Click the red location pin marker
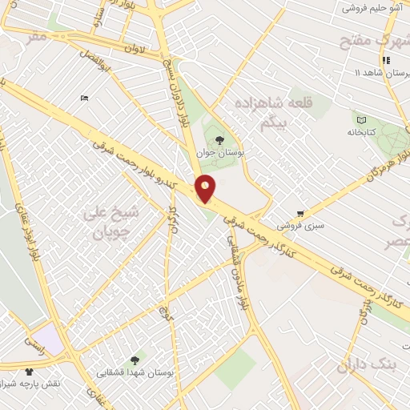(x=206, y=188)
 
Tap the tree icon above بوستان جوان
(x=220, y=142)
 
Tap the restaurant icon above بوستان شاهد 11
(x=386, y=60)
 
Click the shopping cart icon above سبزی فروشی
(x=299, y=214)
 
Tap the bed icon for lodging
(x=85, y=98)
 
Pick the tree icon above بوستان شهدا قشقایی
(x=134, y=360)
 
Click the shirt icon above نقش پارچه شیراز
(x=30, y=372)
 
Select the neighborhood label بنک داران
(x=373, y=364)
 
